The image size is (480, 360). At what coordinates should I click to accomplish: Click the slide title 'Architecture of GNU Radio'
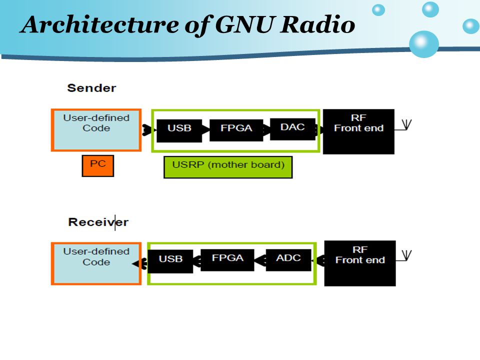(x=187, y=25)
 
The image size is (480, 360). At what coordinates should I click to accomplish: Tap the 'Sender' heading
(x=91, y=88)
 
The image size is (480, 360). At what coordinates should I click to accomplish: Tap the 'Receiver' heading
(x=98, y=222)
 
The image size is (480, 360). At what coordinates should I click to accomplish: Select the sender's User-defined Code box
(x=96, y=130)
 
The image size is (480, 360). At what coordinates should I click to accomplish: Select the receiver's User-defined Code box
(x=96, y=263)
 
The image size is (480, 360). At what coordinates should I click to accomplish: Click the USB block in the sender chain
(x=179, y=130)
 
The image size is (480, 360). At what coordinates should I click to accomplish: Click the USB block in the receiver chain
(x=170, y=261)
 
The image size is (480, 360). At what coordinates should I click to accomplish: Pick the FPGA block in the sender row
(x=236, y=130)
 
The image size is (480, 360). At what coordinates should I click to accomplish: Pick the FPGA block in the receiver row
(x=227, y=260)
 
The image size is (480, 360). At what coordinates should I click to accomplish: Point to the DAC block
(x=292, y=129)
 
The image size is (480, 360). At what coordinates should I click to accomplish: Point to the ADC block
(x=288, y=260)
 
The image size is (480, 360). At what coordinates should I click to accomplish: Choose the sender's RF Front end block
(x=358, y=131)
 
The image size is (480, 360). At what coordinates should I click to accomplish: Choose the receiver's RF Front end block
(x=360, y=263)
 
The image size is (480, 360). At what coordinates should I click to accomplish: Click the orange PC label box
(x=98, y=166)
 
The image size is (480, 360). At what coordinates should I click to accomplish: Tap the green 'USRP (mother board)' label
(x=228, y=167)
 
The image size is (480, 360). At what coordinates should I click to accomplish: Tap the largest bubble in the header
(x=424, y=44)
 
